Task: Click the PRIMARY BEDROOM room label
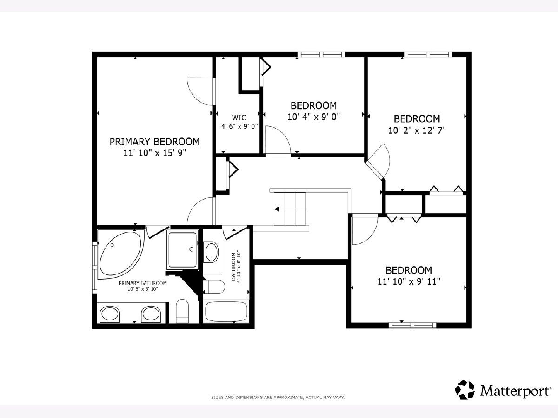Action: pyautogui.click(x=154, y=142)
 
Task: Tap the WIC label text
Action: pyautogui.click(x=239, y=118)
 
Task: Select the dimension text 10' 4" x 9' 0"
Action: pyautogui.click(x=313, y=117)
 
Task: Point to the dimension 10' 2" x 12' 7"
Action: pyautogui.click(x=417, y=131)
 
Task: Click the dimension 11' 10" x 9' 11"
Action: pyautogui.click(x=409, y=281)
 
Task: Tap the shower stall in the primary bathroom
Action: pyautogui.click(x=183, y=250)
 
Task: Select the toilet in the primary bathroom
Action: pyautogui.click(x=182, y=311)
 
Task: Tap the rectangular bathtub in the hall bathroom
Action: pyautogui.click(x=226, y=312)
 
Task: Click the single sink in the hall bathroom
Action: pyautogui.click(x=212, y=252)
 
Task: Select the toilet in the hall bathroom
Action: pyautogui.click(x=214, y=287)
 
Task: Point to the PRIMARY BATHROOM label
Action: pyautogui.click(x=143, y=283)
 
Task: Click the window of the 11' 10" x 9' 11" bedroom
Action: pyautogui.click(x=412, y=325)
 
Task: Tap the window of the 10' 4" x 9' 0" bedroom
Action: pyautogui.click(x=321, y=54)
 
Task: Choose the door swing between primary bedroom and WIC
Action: pyautogui.click(x=200, y=91)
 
